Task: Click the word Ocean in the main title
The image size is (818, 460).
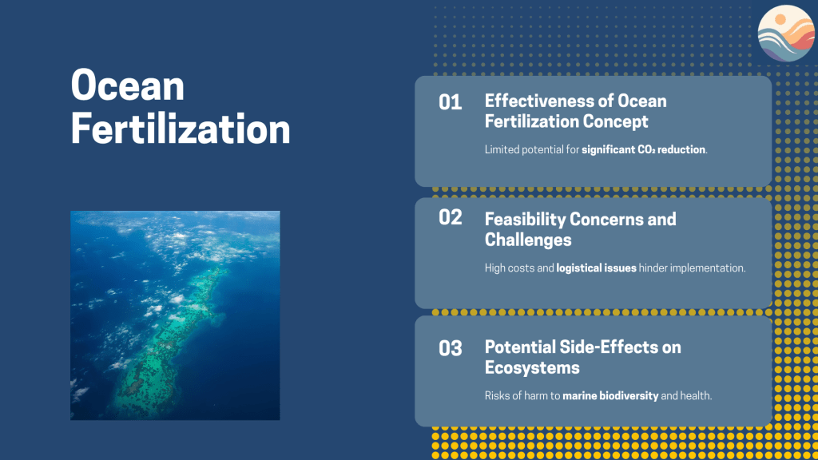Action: tap(128, 85)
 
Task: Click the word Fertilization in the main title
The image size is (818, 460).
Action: tap(181, 129)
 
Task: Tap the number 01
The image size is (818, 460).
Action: tap(451, 103)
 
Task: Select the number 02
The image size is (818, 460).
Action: tap(451, 217)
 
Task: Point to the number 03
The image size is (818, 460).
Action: tap(451, 348)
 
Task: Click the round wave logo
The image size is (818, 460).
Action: tap(787, 34)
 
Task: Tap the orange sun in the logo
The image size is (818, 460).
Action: tap(780, 20)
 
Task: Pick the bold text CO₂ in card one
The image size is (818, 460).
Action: tap(645, 149)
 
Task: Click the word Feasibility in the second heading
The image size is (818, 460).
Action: tap(525, 219)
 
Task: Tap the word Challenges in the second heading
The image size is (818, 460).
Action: tap(528, 240)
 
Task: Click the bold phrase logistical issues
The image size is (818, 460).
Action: tap(596, 268)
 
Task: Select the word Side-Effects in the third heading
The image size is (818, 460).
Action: tap(606, 347)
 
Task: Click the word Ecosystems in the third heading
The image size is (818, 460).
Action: tap(532, 367)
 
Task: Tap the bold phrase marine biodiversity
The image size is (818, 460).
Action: tap(610, 396)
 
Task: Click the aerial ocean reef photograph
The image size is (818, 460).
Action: tap(175, 315)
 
